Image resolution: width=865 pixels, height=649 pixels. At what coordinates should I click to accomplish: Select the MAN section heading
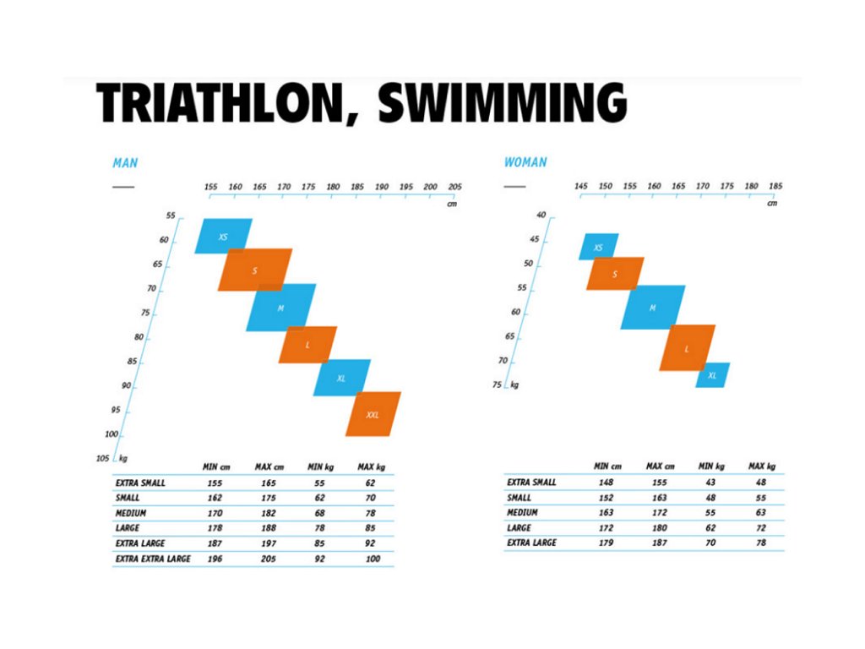(125, 162)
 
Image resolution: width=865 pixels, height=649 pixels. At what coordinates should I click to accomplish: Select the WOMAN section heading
(525, 162)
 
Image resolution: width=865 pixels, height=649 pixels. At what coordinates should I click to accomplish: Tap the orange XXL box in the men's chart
(373, 414)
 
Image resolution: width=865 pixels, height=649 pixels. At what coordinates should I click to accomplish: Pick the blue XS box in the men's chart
(223, 237)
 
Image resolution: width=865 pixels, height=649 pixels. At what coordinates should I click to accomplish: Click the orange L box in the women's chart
(687, 347)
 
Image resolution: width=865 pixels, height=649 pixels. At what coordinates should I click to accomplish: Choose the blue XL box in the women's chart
(712, 375)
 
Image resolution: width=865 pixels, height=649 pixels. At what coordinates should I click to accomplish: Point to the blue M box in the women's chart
(652, 308)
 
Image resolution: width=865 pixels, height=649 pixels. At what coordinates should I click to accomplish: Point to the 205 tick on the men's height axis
(454, 187)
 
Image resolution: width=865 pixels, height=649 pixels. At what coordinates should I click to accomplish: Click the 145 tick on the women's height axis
(580, 186)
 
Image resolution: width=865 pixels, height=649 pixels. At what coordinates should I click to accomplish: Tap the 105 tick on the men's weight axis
(104, 458)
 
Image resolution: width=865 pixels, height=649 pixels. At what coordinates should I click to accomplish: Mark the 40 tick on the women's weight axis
(541, 215)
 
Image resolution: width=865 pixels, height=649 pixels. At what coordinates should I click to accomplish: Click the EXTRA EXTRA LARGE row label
(153, 559)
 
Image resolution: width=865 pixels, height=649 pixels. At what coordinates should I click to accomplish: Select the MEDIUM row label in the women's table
(522, 513)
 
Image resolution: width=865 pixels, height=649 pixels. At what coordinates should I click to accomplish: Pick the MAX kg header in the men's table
(371, 466)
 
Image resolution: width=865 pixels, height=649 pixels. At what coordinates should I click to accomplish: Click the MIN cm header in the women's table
(607, 466)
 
